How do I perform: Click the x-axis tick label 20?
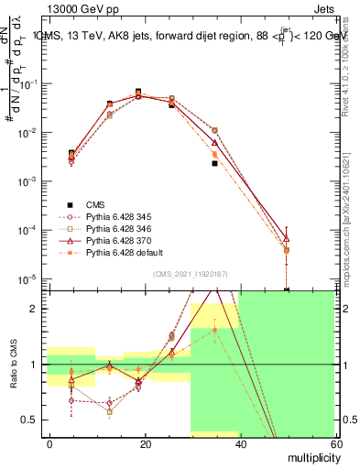[x=145, y=443]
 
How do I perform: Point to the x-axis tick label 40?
[x=239, y=443]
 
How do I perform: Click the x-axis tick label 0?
[x=50, y=443]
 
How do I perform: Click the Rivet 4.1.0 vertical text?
[x=353, y=55]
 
